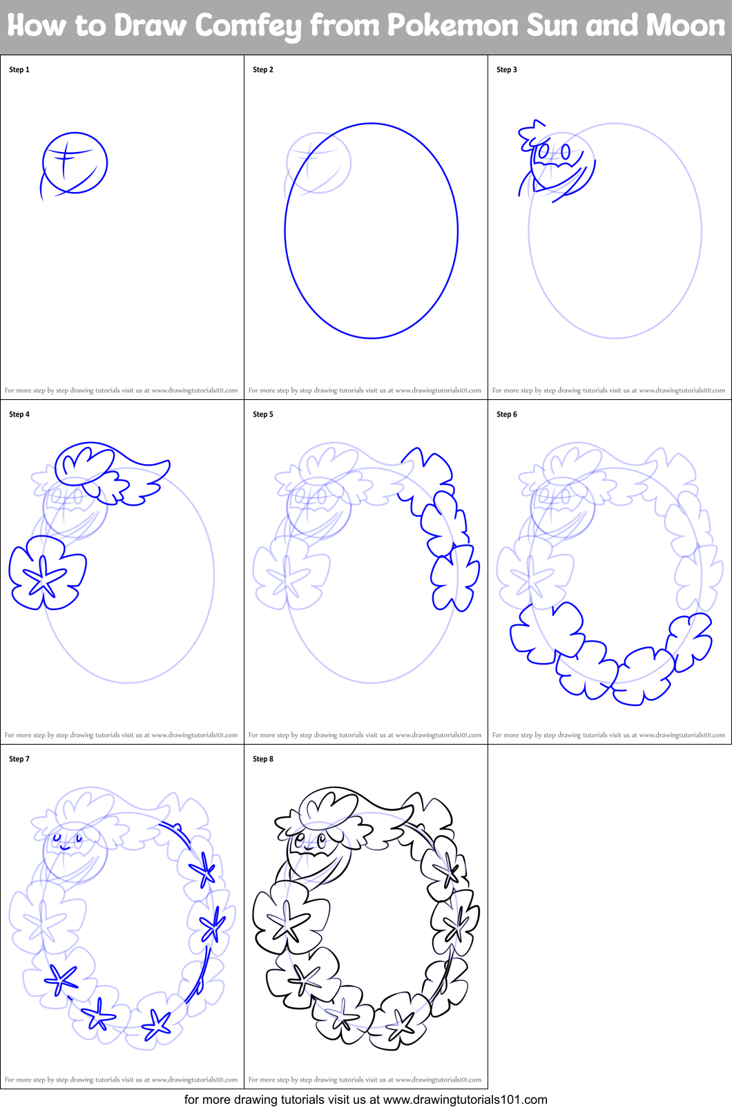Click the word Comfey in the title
coord(249,26)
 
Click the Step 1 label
coord(19,70)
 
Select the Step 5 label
coord(263,414)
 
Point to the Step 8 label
coord(263,759)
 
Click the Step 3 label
coord(507,70)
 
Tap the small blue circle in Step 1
coord(75,164)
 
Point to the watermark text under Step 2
coord(365,390)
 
